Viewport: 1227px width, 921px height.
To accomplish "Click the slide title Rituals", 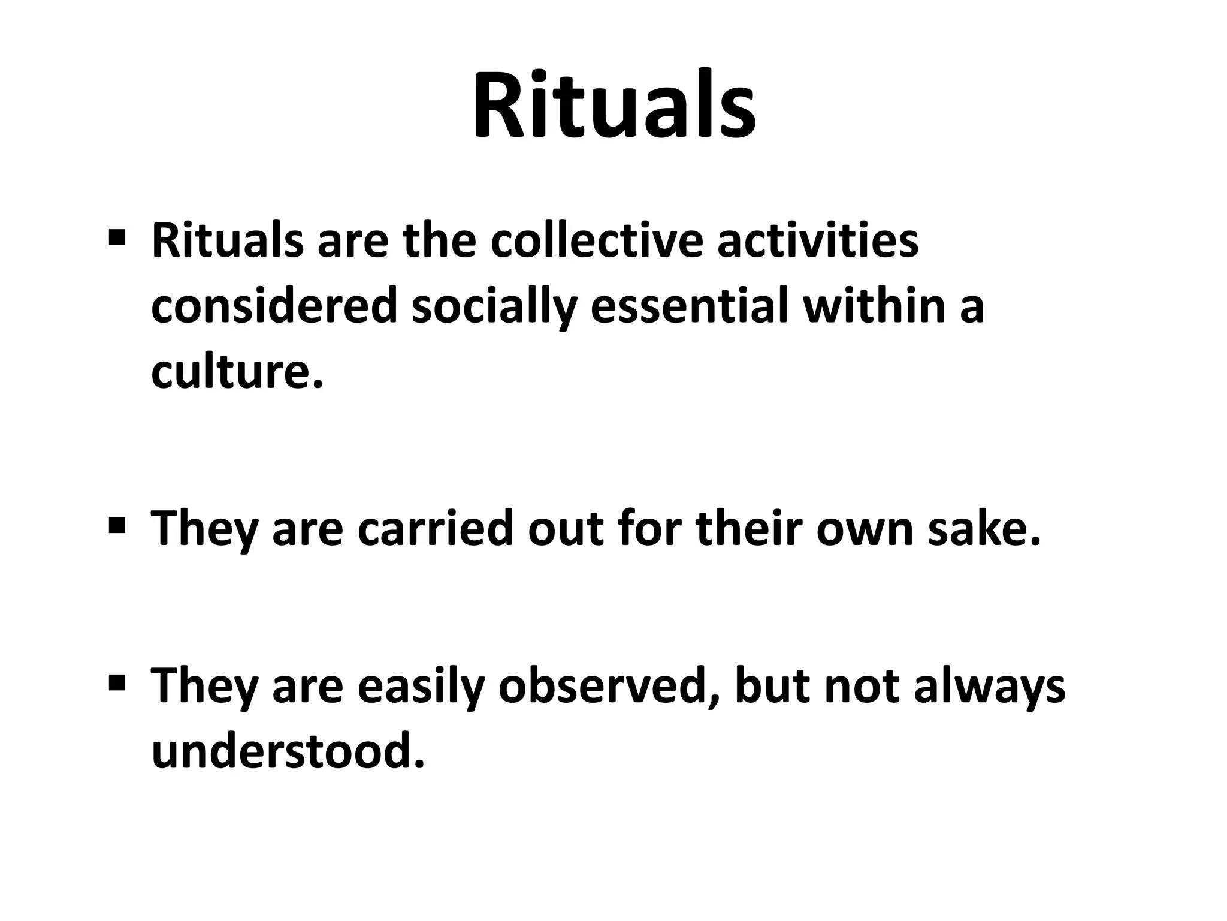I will (x=614, y=107).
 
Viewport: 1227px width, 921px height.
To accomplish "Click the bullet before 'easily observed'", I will (x=117, y=682).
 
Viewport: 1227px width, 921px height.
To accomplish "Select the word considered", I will (x=274, y=306).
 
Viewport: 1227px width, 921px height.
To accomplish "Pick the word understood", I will (x=288, y=751).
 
